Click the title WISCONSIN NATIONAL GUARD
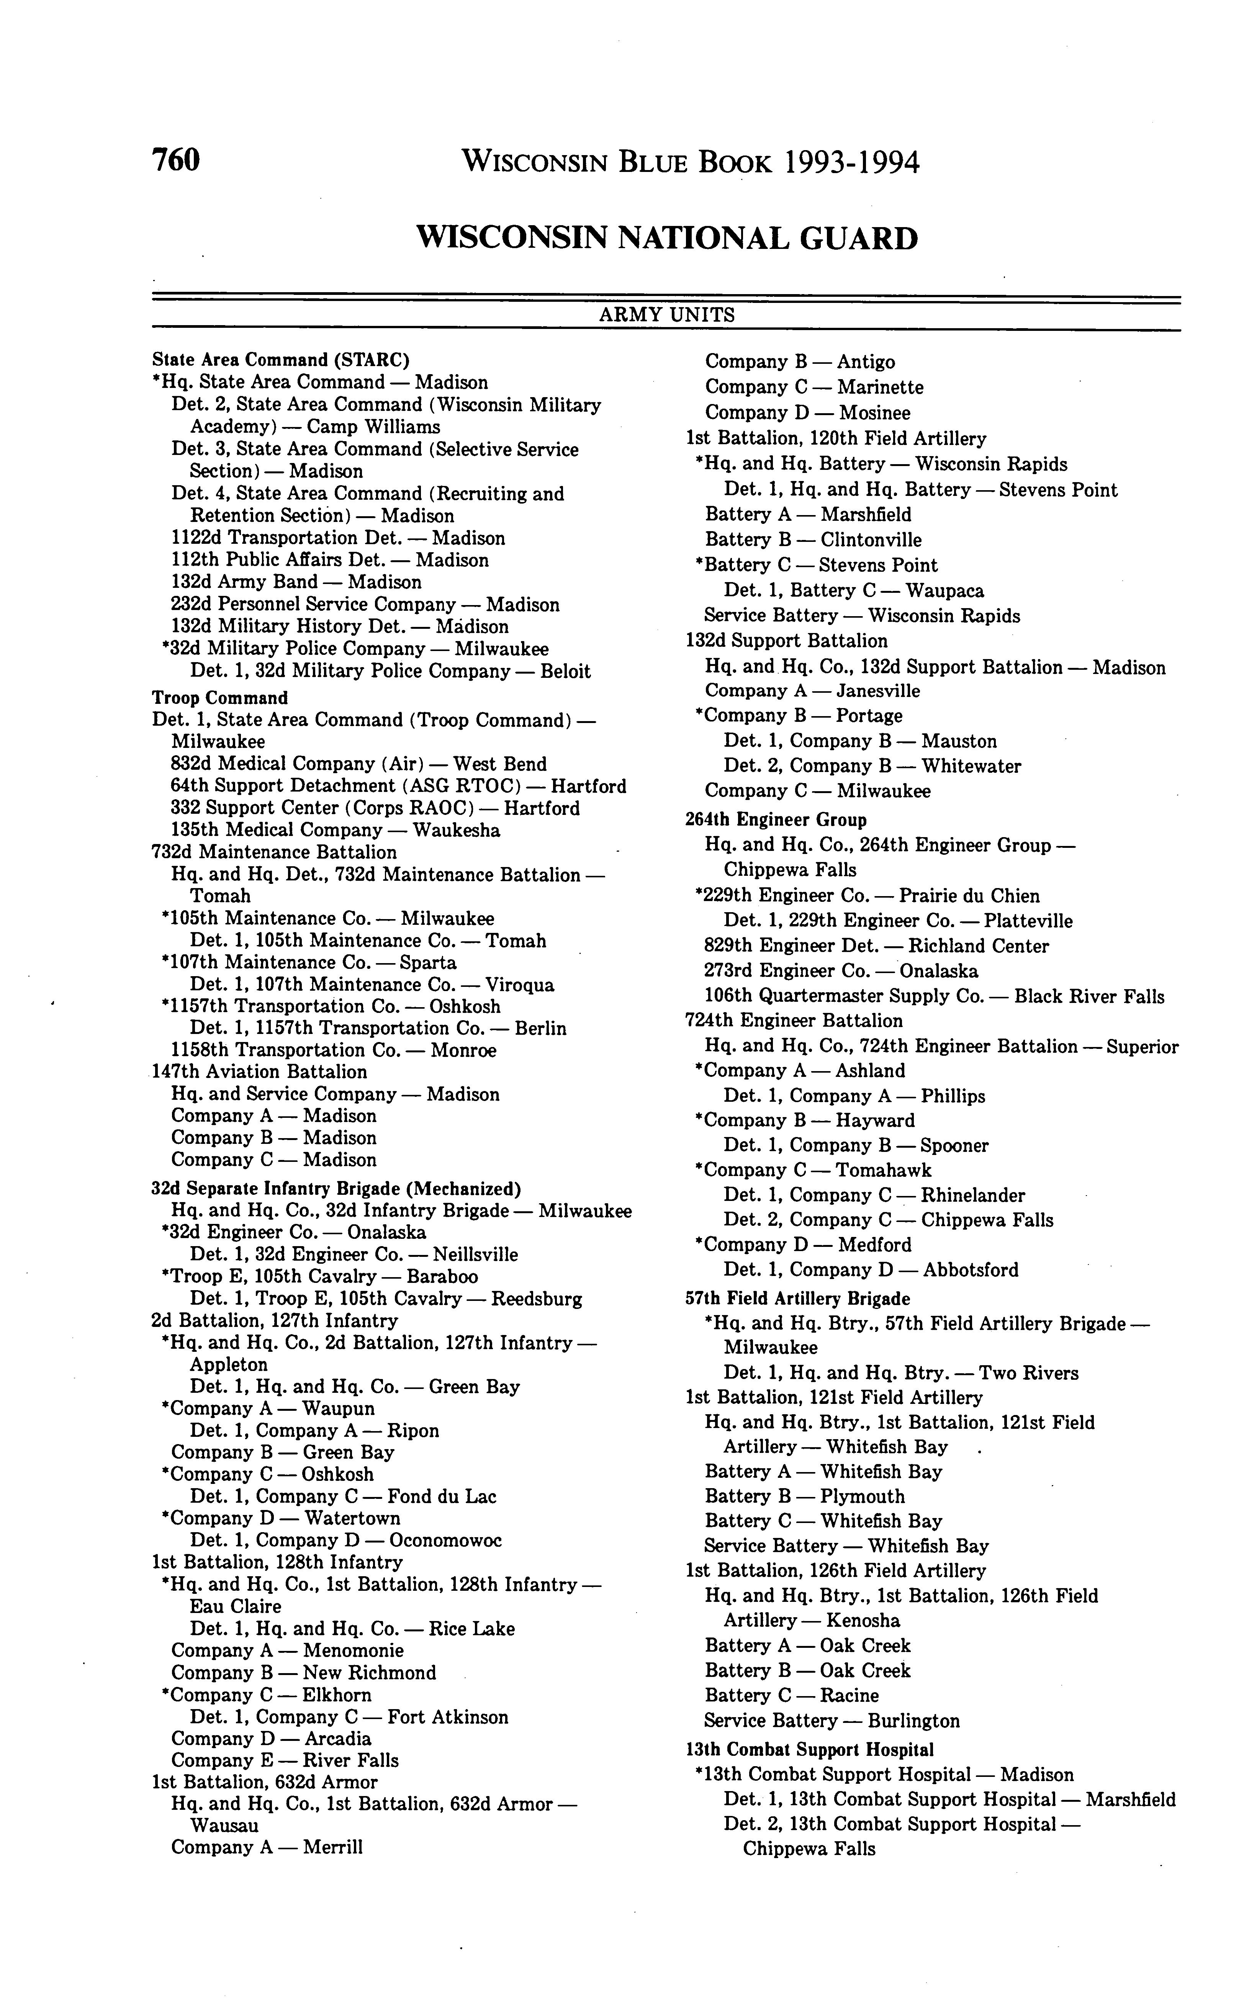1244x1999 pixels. (667, 239)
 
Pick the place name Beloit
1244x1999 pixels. (565, 671)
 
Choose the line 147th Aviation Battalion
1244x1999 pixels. (259, 1072)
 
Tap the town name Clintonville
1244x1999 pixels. (871, 540)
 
